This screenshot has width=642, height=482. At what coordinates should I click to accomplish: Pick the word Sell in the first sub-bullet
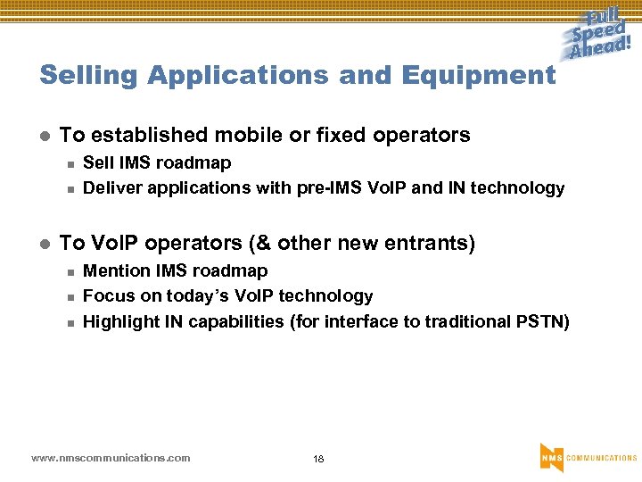click(x=97, y=162)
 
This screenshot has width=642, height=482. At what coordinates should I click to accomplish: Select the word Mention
click(x=117, y=270)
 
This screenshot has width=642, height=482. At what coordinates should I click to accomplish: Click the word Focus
click(x=105, y=295)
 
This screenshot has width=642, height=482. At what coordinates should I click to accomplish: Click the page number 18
click(x=318, y=459)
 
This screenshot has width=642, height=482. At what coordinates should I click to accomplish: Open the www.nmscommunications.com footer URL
click(x=111, y=458)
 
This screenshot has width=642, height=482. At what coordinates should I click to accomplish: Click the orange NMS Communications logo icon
click(x=551, y=456)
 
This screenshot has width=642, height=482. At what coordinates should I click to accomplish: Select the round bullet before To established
click(x=45, y=137)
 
